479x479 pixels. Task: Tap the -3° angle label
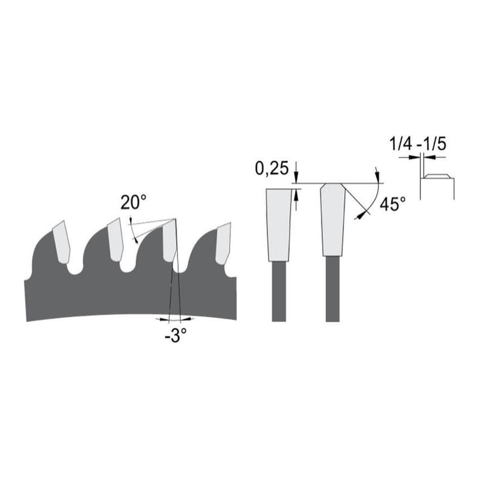[173, 335]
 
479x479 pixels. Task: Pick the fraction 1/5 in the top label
[434, 143]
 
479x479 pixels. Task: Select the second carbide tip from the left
[115, 239]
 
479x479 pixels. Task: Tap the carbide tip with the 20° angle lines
[169, 242]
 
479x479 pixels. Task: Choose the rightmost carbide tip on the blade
[222, 242]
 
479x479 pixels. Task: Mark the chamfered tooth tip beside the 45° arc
[333, 220]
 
